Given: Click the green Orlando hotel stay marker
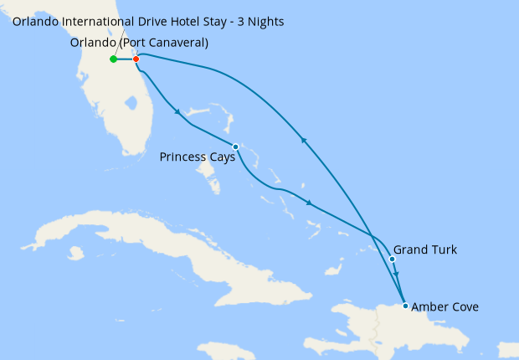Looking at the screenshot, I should [113, 59].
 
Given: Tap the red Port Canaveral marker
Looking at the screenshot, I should [136, 59].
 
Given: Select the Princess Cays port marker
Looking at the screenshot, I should [235, 147].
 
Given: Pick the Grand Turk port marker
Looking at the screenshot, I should [392, 259].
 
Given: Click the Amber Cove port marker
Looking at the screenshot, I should [406, 306].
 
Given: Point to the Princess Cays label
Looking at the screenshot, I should [197, 156].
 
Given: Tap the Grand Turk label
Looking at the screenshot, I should [425, 249].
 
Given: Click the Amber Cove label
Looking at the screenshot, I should [445, 307].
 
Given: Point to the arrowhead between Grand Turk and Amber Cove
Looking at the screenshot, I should [397, 275].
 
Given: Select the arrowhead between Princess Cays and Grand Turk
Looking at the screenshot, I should [310, 203].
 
